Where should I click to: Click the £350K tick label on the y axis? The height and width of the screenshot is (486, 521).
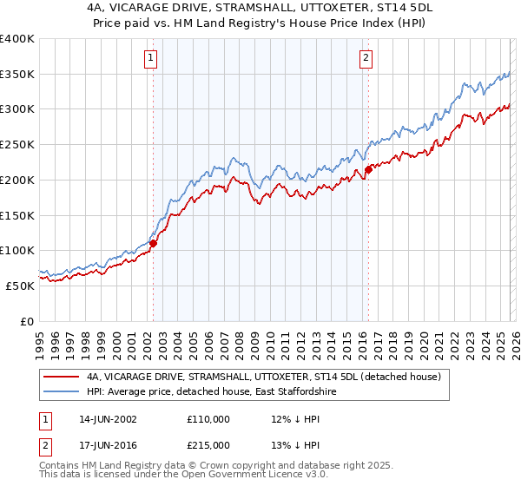(x=17, y=75)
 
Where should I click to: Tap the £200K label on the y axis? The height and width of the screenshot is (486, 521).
(x=17, y=180)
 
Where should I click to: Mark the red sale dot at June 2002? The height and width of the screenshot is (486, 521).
(x=154, y=244)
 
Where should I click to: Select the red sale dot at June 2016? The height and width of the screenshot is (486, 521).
(x=368, y=170)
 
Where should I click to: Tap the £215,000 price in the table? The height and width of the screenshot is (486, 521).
(x=208, y=444)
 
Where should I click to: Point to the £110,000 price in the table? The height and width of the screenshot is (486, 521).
(x=208, y=418)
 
